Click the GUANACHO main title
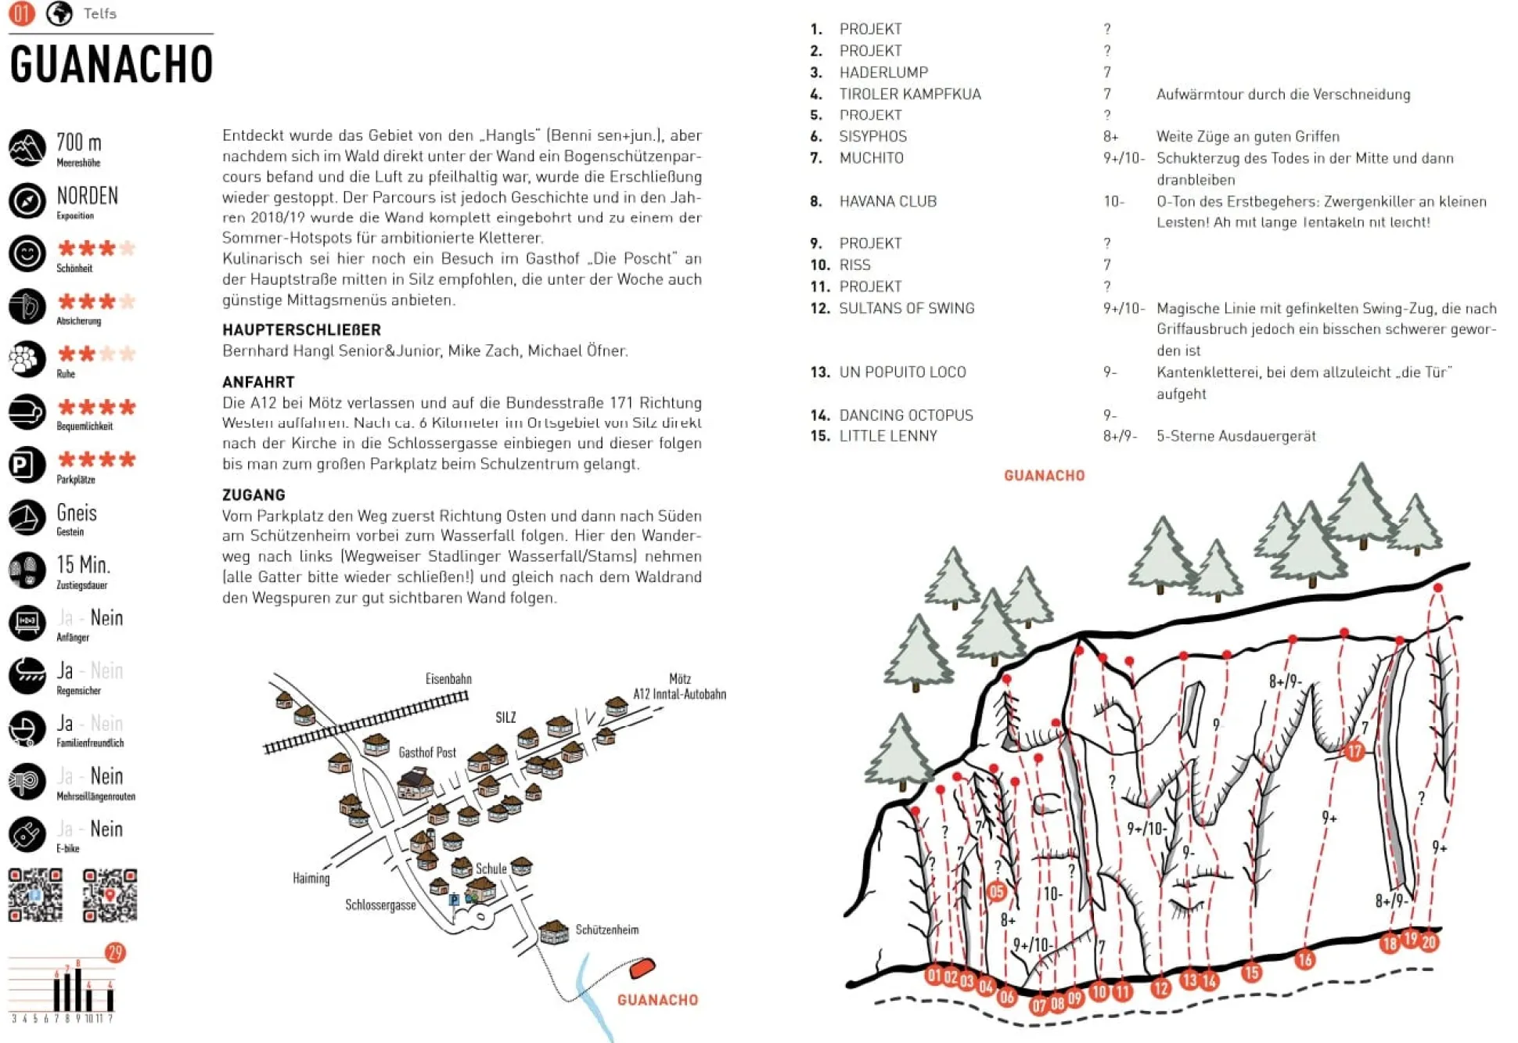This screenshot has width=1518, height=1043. click(x=111, y=64)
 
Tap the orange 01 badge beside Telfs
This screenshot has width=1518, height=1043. click(x=21, y=13)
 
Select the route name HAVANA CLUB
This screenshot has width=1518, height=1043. click(x=887, y=201)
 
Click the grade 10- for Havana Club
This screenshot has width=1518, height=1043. click(x=1113, y=201)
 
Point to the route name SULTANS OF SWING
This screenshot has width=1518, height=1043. click(x=906, y=308)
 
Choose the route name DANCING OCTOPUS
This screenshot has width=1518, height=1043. click(x=905, y=415)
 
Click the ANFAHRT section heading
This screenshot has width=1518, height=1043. click(x=258, y=382)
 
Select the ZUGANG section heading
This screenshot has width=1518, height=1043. click(x=254, y=495)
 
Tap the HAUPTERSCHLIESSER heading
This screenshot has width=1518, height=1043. click(x=301, y=329)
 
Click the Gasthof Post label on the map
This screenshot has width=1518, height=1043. click(x=427, y=752)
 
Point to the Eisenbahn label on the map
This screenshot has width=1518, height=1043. click(x=448, y=678)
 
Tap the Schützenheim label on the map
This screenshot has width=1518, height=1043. click(x=606, y=930)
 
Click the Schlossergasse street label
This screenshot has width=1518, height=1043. click(x=380, y=905)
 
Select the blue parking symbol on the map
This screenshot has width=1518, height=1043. click(x=454, y=900)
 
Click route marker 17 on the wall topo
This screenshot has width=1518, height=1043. click(x=1354, y=751)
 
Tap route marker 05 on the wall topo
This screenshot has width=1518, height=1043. click(x=996, y=890)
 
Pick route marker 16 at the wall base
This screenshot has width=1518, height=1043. click(x=1304, y=959)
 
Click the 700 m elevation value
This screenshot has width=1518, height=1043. click(x=78, y=143)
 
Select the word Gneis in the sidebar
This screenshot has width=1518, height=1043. click(x=77, y=513)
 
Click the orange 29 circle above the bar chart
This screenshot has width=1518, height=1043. click(x=115, y=952)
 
